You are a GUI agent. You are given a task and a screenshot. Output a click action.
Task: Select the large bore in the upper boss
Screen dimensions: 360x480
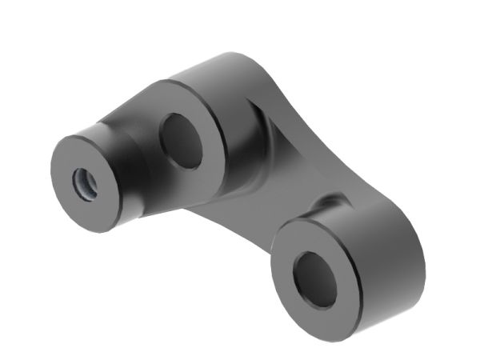(x=182, y=140)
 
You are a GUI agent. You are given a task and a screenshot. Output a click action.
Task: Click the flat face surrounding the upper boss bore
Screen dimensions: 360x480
(x=205, y=160)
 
